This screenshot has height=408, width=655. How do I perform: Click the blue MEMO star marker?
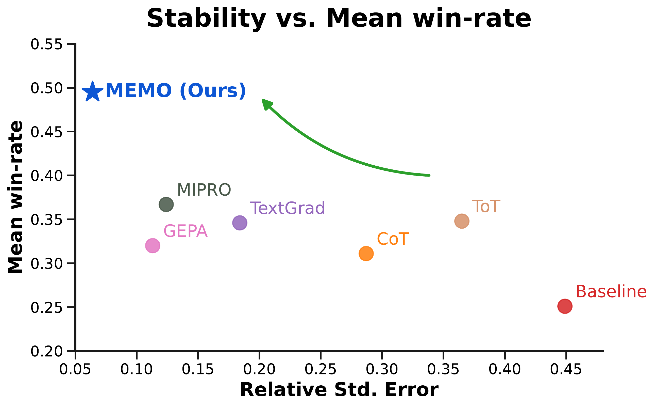tap(92, 92)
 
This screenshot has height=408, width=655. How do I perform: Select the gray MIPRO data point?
tap(166, 205)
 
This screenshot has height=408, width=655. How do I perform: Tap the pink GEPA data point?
tap(153, 246)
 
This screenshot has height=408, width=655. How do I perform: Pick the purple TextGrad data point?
tap(240, 223)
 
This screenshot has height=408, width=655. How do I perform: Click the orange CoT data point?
tap(366, 253)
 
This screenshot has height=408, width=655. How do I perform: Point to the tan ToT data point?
tap(462, 221)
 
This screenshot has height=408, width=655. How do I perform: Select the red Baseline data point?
tap(565, 306)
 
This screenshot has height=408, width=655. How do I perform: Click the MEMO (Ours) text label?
tap(176, 91)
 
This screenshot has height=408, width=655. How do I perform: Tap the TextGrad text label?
tap(288, 208)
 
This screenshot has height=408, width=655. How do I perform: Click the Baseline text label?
tap(611, 292)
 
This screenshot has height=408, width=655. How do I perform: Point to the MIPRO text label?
tap(204, 190)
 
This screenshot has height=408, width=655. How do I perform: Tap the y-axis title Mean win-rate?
tap(15, 197)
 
